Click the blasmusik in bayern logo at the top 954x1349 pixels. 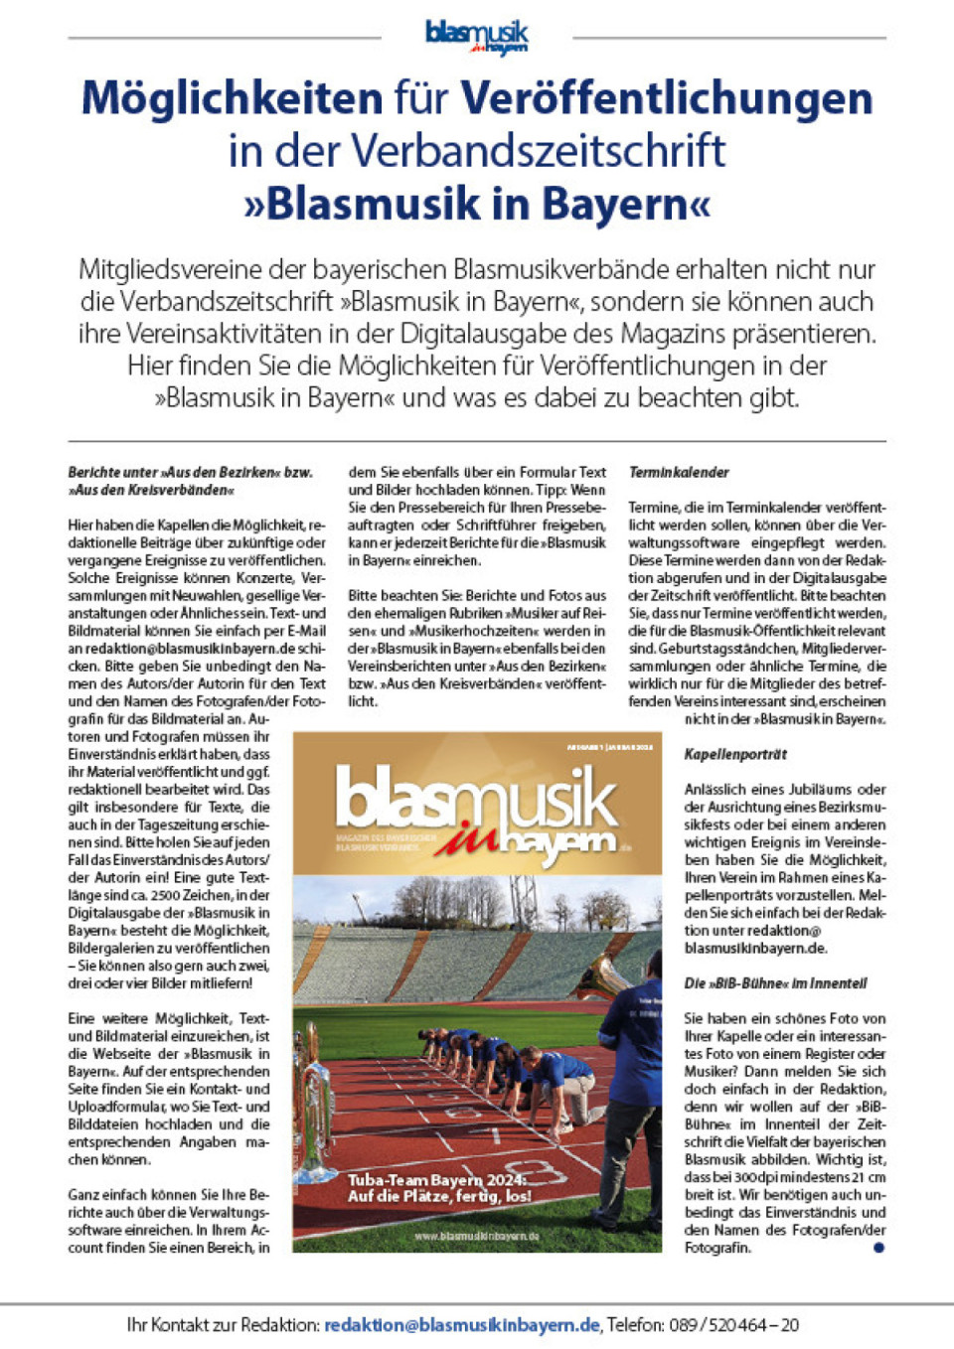(477, 37)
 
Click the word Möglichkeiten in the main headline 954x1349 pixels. (232, 98)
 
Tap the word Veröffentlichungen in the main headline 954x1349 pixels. (666, 98)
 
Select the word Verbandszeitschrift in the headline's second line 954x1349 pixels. (538, 151)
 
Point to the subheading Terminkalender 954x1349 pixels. (679, 473)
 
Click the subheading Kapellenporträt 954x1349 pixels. (735, 755)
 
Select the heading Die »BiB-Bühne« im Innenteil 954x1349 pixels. (775, 983)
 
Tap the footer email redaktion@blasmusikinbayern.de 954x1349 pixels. (462, 1324)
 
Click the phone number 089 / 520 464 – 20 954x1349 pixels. (733, 1324)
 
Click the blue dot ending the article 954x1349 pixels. (877, 1248)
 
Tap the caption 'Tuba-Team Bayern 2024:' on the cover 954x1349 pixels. (436, 1180)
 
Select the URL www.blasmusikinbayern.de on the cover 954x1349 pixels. (476, 1236)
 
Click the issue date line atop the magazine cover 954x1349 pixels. (609, 747)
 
